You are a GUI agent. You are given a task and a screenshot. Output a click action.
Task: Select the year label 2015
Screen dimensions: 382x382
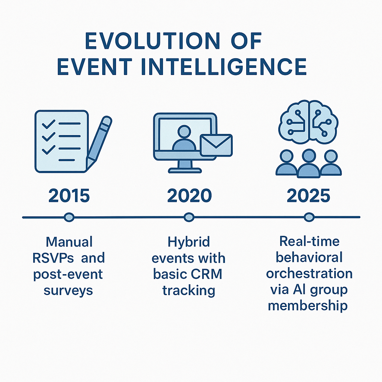[x=69, y=195]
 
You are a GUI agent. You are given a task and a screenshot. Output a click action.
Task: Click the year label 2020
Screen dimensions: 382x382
[x=189, y=195]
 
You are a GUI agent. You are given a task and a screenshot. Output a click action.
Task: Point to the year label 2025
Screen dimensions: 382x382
[x=309, y=195]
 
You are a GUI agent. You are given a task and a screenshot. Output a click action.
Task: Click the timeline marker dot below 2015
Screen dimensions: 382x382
[x=69, y=217]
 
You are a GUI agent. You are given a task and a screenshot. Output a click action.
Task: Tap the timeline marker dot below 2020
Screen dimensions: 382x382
[x=189, y=217]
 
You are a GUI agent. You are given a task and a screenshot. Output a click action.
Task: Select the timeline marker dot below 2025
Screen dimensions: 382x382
[x=309, y=217]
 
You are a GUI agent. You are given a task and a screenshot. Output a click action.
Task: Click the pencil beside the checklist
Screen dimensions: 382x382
[x=99, y=142]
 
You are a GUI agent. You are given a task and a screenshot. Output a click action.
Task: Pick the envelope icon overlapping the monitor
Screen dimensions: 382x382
[x=216, y=145]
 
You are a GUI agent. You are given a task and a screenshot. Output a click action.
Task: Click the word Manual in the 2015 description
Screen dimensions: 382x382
[x=69, y=242]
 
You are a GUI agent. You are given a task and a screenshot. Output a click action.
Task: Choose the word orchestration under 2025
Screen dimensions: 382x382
[x=309, y=273]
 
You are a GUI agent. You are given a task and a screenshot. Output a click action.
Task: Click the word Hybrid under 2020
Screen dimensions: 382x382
[x=189, y=242]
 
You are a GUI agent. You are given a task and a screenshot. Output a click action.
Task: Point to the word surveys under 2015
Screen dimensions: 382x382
[x=68, y=290]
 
